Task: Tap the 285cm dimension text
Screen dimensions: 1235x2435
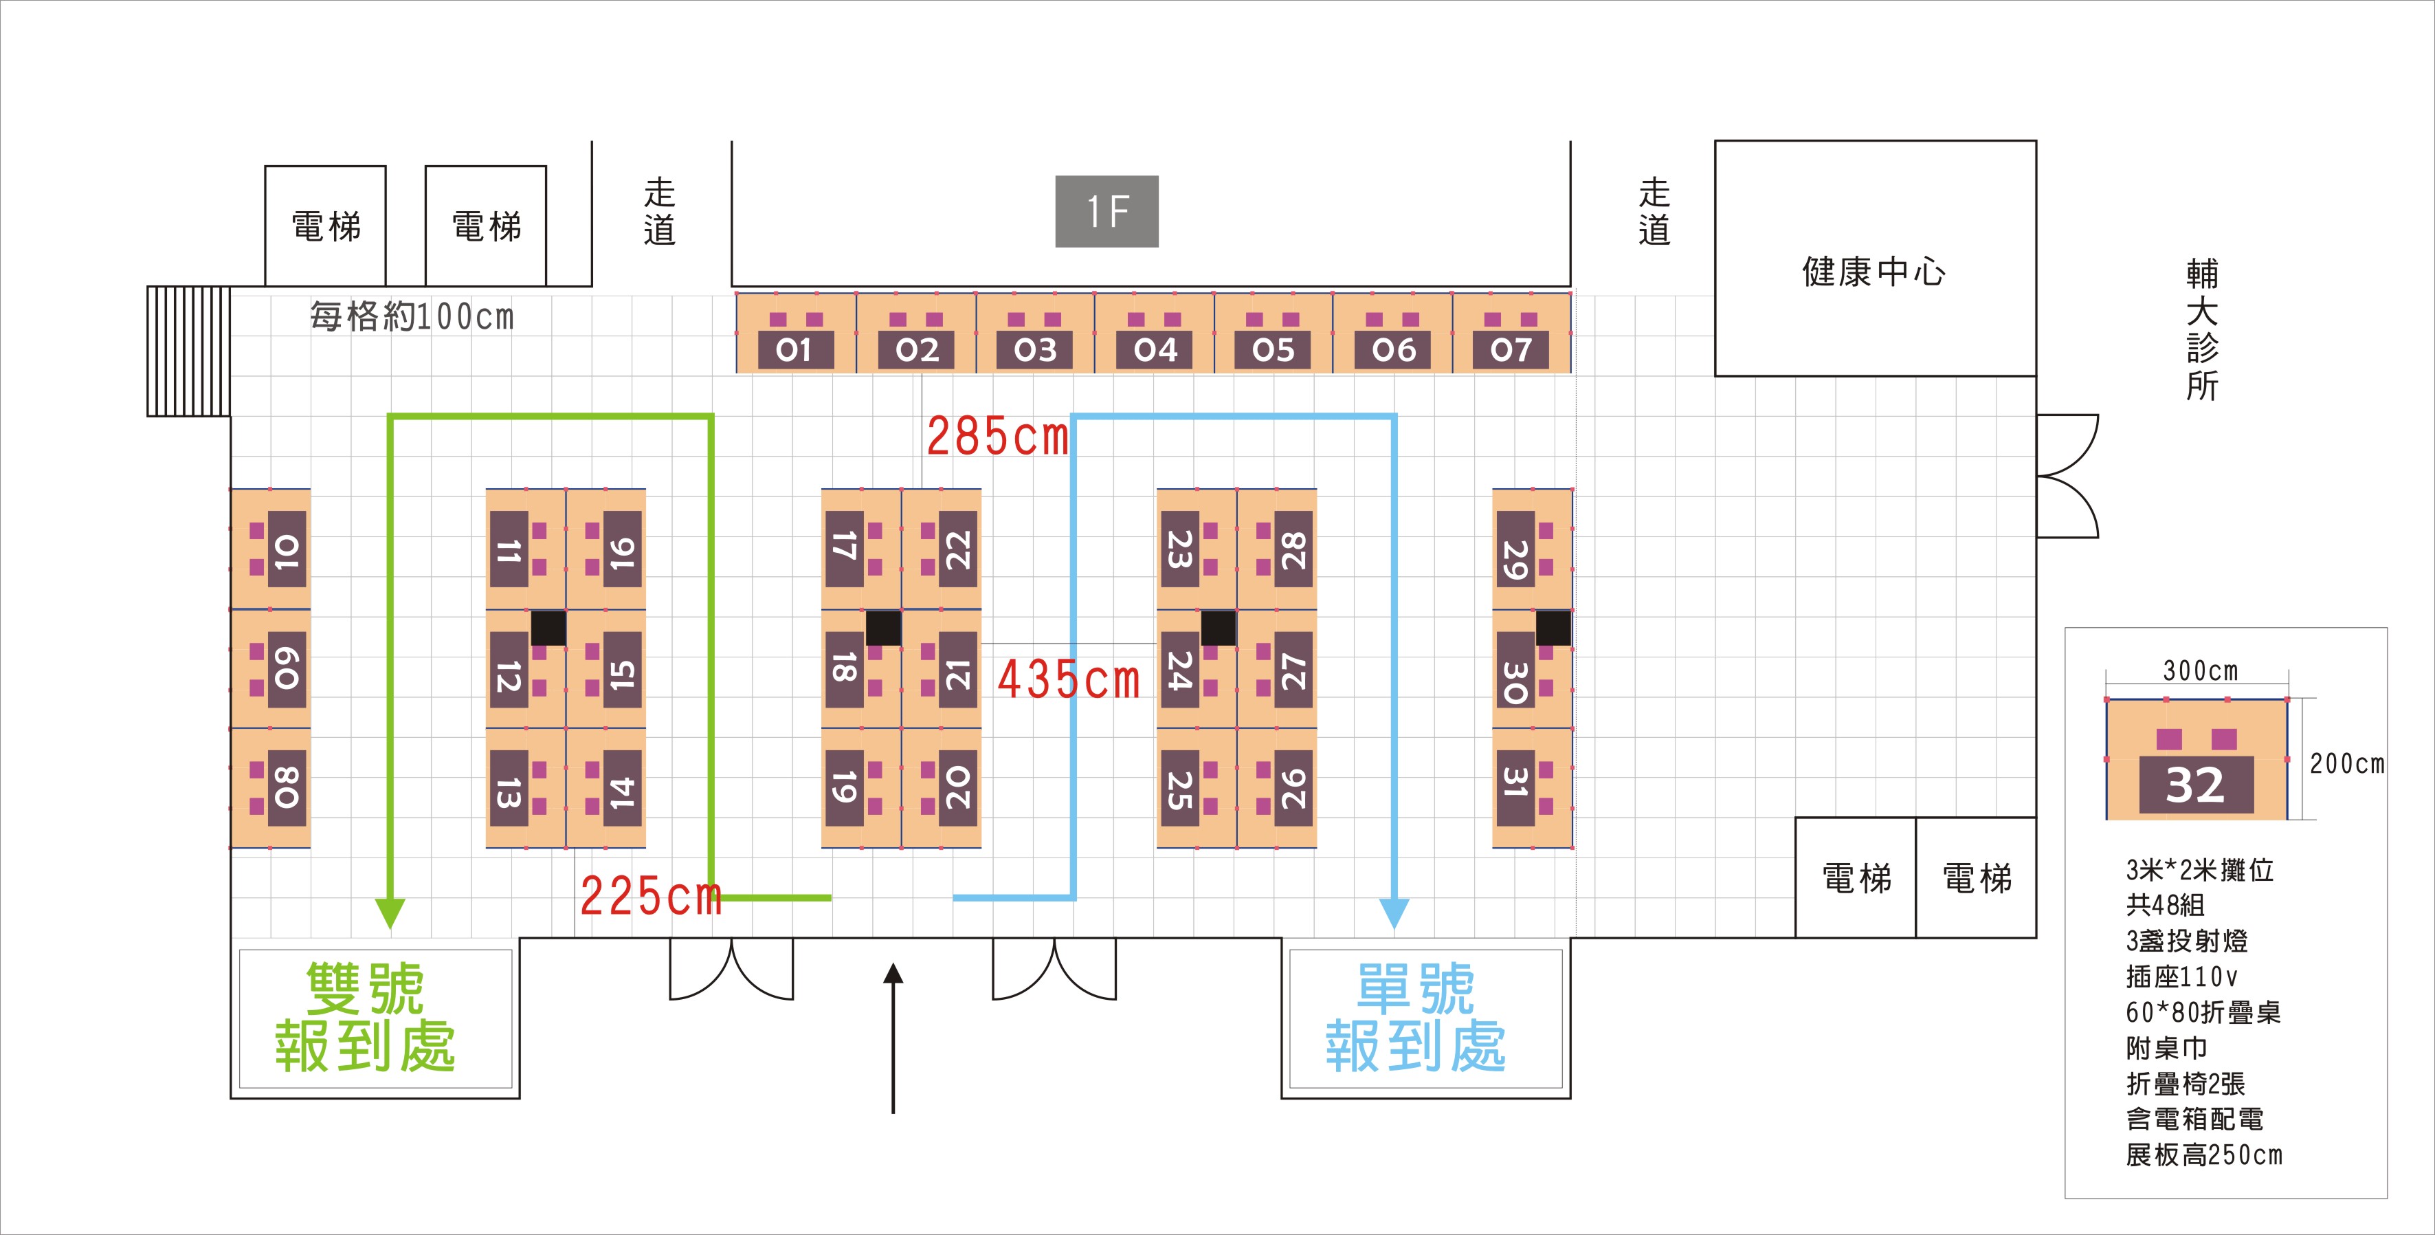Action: coord(997,437)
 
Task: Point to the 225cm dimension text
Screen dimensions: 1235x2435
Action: coord(650,895)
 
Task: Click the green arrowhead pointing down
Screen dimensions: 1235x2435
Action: coord(390,913)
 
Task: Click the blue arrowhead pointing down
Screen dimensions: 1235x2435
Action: coord(1394,913)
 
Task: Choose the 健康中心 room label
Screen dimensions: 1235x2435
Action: coord(1873,272)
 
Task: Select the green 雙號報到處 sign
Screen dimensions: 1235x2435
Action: coord(366,1018)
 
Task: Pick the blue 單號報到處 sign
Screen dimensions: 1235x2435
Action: coord(1416,1018)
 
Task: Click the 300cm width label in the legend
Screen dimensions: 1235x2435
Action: coord(2201,670)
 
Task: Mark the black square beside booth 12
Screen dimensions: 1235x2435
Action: coord(548,628)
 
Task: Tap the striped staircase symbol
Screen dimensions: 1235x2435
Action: coord(189,351)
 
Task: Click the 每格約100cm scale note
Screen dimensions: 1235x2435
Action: coord(412,316)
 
